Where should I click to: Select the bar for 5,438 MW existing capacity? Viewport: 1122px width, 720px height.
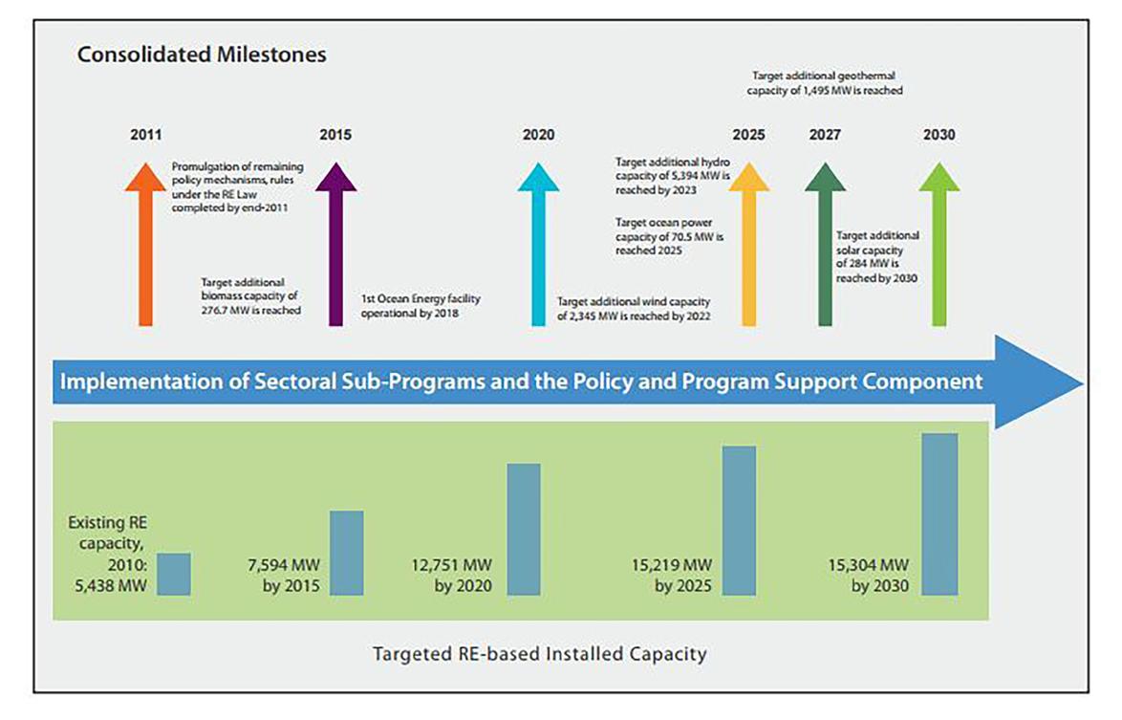point(174,574)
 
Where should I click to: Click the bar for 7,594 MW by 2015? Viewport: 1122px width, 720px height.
point(347,553)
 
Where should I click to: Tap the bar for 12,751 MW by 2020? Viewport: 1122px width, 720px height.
point(524,529)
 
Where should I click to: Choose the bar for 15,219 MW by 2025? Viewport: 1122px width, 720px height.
point(739,520)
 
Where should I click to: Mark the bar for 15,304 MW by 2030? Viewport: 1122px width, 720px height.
point(940,513)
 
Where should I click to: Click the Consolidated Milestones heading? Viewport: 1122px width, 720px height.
point(202,55)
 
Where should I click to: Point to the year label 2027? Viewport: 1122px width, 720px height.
point(825,135)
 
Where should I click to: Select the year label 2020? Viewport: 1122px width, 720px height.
point(538,135)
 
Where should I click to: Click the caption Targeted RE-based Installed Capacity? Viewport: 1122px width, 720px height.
point(540,655)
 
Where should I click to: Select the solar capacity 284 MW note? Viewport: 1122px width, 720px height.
point(877,256)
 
